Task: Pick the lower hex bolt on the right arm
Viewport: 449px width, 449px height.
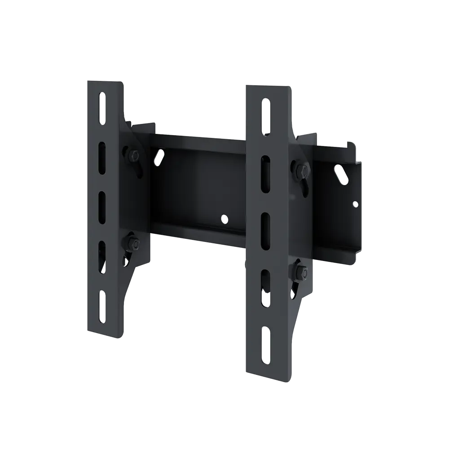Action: click(x=300, y=273)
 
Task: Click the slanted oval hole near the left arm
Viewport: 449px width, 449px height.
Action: click(x=158, y=157)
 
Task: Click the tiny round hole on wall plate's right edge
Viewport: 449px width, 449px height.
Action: click(x=355, y=205)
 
